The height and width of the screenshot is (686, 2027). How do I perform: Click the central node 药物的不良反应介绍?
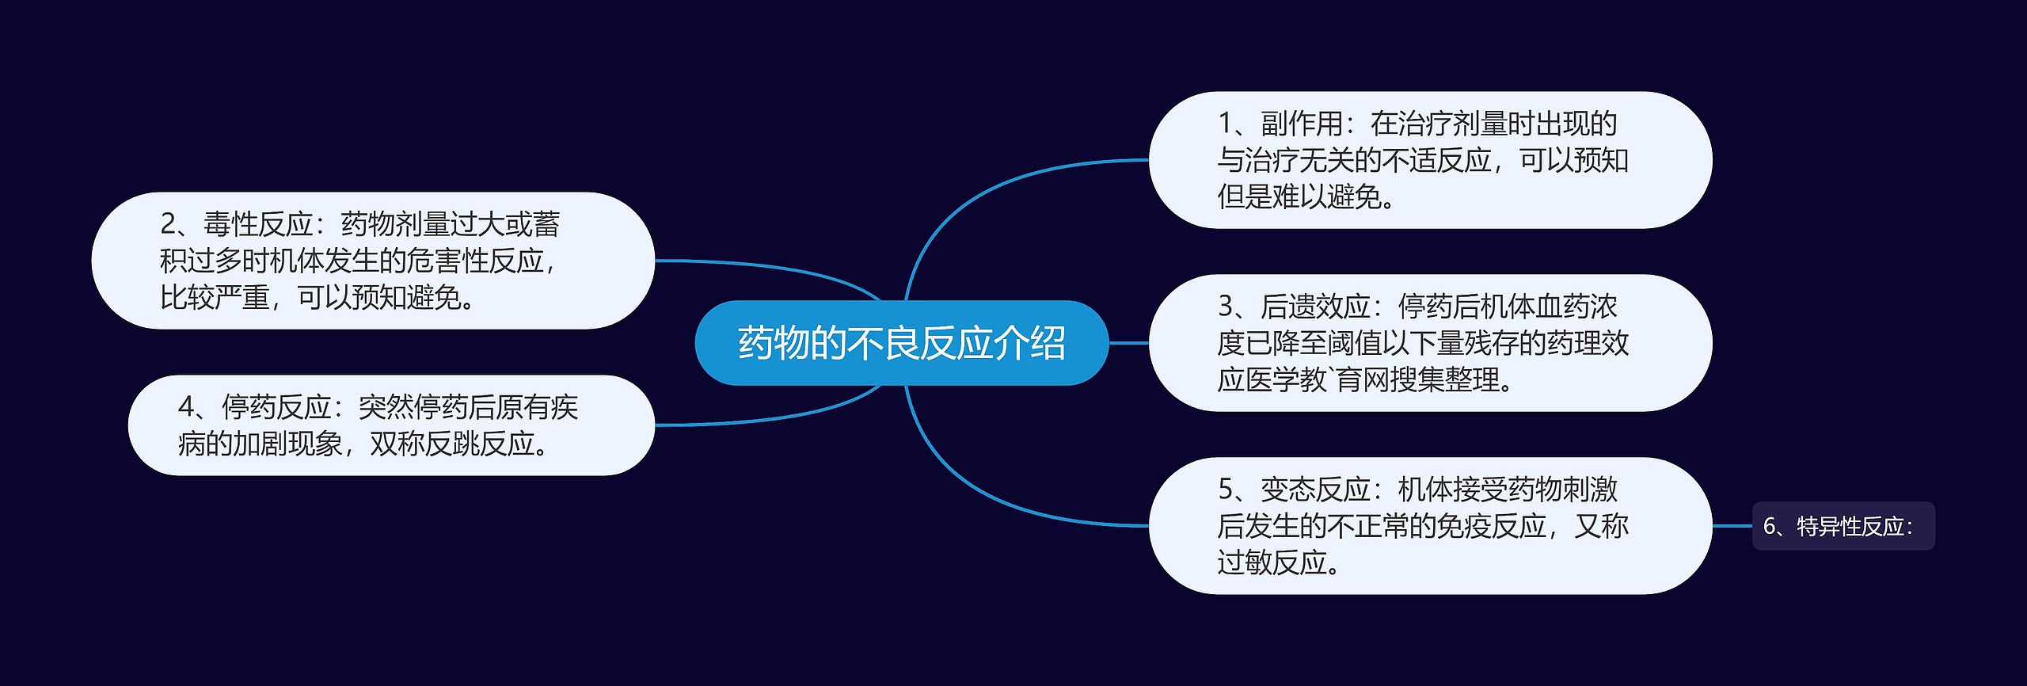click(x=901, y=343)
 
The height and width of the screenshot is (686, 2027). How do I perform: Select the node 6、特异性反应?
click(x=1843, y=526)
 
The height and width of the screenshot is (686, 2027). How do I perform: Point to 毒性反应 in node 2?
click(x=258, y=224)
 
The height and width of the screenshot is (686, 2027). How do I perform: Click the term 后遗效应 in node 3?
click(x=1315, y=307)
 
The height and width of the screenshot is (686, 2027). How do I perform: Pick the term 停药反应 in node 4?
click(x=276, y=407)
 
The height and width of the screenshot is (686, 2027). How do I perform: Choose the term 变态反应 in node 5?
click(x=1315, y=490)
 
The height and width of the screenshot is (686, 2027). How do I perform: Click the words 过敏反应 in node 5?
click(x=1272, y=562)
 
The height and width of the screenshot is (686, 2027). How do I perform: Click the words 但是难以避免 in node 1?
click(x=1299, y=196)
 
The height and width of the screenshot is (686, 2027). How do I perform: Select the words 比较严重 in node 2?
click(x=215, y=297)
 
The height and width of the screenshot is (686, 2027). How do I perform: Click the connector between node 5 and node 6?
click(x=1732, y=526)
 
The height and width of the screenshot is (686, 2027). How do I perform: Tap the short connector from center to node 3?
click(x=1128, y=343)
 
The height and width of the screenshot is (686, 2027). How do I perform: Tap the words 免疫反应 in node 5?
click(x=1492, y=526)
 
